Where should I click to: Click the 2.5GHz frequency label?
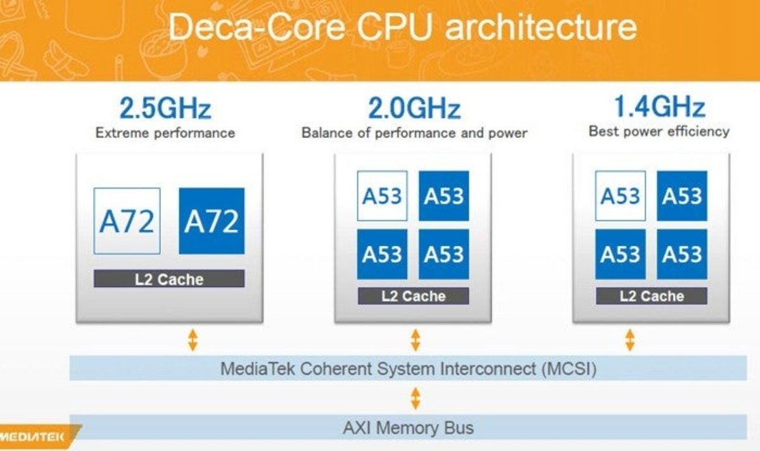point(165,109)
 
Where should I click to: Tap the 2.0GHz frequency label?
point(414,109)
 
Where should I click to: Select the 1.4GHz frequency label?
point(659,108)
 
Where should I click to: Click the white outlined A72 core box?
point(127,221)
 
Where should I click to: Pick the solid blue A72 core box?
point(212,221)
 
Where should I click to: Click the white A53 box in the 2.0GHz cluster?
point(382,196)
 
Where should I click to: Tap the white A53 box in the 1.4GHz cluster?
point(621,196)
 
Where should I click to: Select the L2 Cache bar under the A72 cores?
point(169,279)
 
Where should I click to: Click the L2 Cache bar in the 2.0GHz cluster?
point(413,296)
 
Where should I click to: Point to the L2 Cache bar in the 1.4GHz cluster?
point(651,296)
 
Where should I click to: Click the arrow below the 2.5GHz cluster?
point(193,340)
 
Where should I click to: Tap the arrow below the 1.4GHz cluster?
point(629,340)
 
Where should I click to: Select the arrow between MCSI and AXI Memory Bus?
point(415,398)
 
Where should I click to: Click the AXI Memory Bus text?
point(408,428)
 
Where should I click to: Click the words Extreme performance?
point(165,133)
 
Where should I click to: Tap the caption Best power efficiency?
point(659,132)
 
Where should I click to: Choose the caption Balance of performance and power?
point(414,133)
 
